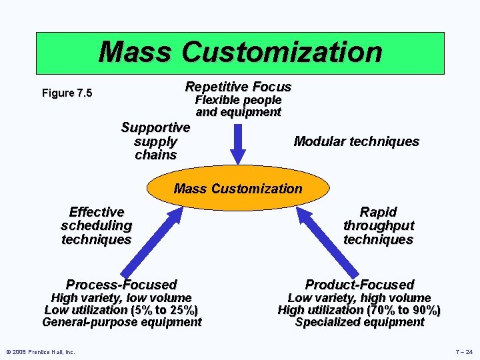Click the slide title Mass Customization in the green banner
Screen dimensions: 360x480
point(240,52)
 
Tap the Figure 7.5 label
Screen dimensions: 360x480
point(67,93)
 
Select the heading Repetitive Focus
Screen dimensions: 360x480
point(238,87)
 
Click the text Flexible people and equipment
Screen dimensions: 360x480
point(238,106)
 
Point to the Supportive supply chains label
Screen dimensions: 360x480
point(155,141)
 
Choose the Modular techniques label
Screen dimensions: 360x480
point(356,141)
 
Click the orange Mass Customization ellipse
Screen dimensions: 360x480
point(238,189)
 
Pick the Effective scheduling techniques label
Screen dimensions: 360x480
point(96,226)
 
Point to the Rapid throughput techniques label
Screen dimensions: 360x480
point(378,226)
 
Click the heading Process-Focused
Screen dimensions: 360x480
point(121,285)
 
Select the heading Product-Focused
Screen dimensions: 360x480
point(359,285)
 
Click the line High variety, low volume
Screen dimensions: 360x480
point(121,298)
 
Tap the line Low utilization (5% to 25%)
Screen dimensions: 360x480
point(121,310)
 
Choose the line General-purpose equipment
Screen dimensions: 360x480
point(121,323)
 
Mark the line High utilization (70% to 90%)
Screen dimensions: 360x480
point(359,310)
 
